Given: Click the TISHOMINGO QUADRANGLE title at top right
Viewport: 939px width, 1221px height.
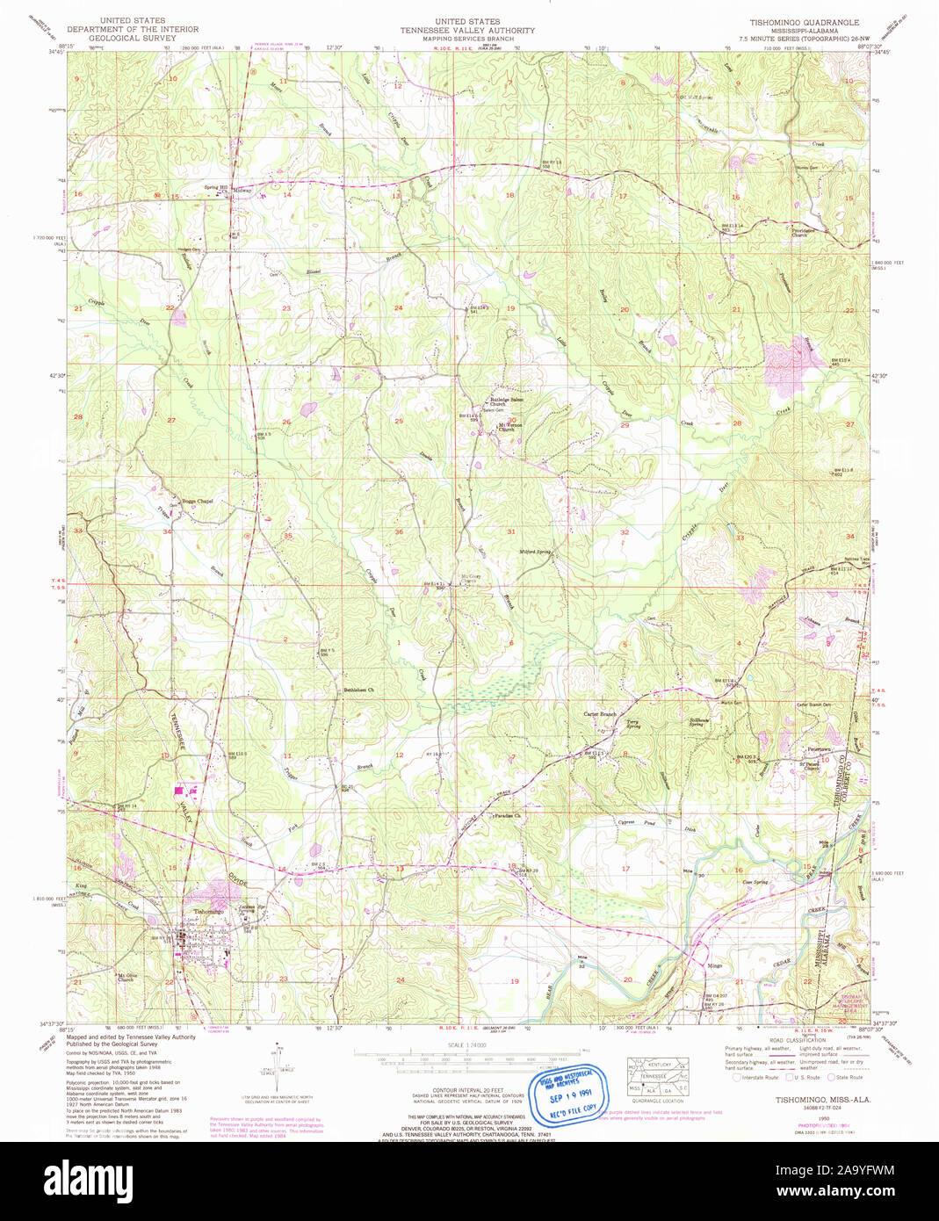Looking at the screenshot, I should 804,22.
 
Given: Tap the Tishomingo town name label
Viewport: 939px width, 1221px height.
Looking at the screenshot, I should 209,912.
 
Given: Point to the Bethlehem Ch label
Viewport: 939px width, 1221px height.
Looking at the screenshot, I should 358,690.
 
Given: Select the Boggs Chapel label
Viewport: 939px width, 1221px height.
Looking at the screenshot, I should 197,502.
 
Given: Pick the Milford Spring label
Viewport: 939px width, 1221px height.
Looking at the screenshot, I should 535,552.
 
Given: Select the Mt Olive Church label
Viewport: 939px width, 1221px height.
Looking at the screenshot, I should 127,977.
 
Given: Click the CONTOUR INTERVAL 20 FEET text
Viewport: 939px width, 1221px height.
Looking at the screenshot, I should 467,1090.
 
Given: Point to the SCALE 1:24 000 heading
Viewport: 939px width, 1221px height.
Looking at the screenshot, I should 467,1044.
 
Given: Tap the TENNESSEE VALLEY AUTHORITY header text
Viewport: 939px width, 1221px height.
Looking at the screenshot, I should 467,31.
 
